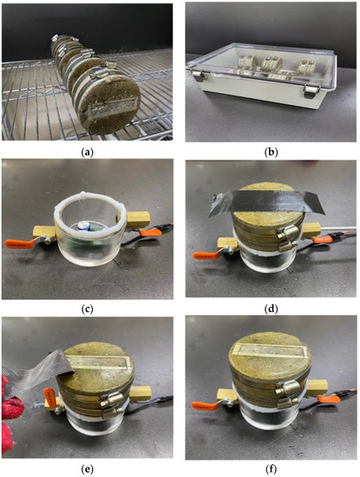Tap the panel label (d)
[x=271, y=308]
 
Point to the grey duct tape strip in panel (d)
[x=265, y=205]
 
